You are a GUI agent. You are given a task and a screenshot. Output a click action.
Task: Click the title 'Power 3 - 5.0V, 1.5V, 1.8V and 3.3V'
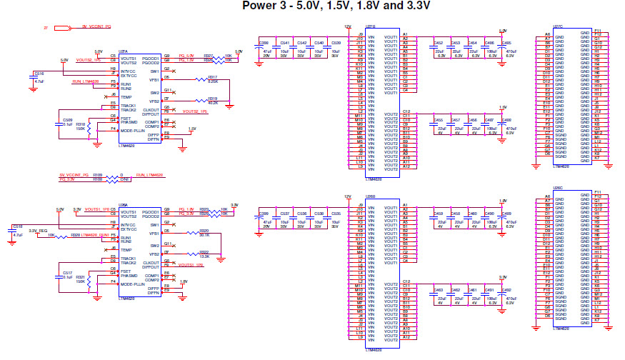[x=336, y=6]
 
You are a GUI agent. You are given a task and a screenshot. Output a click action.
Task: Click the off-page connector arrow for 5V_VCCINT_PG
[x=62, y=27]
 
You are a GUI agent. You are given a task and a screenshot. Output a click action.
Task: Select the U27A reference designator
[x=123, y=52]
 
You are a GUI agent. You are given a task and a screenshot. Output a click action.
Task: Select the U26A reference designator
[x=123, y=204]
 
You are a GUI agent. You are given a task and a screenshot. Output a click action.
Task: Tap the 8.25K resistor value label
[x=213, y=81]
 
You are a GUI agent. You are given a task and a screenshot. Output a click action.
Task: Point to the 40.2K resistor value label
[x=213, y=103]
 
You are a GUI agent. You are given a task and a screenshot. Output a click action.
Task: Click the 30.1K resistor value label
[x=204, y=236]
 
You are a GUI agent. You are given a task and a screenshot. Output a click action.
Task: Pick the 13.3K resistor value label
[x=204, y=256]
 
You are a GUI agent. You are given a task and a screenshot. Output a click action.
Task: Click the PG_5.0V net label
[x=186, y=56]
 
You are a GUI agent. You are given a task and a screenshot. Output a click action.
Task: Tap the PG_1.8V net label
[x=186, y=209]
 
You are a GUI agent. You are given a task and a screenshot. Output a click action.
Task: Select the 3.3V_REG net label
[x=38, y=231]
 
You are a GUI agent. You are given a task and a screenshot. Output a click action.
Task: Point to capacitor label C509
[x=67, y=120]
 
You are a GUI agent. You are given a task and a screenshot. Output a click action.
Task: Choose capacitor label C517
[x=67, y=273]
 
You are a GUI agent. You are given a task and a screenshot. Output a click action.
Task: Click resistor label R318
[x=81, y=124]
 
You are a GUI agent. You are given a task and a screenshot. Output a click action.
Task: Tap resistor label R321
[x=81, y=277]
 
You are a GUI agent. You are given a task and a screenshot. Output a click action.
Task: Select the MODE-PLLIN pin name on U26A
[x=134, y=284]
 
